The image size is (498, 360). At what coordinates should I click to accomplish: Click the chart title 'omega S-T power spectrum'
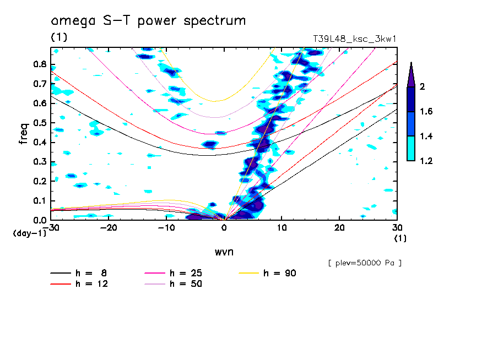(x=148, y=21)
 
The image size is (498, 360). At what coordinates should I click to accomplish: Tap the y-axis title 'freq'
(x=23, y=134)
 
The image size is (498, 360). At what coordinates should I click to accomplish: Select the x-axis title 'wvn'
(x=224, y=252)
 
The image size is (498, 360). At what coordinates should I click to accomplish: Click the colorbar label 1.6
(x=426, y=111)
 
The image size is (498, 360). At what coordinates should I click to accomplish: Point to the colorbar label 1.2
(x=426, y=161)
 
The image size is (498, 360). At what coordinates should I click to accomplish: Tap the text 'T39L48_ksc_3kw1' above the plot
(x=355, y=39)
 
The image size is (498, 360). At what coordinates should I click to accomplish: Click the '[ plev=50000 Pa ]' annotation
(x=365, y=263)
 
